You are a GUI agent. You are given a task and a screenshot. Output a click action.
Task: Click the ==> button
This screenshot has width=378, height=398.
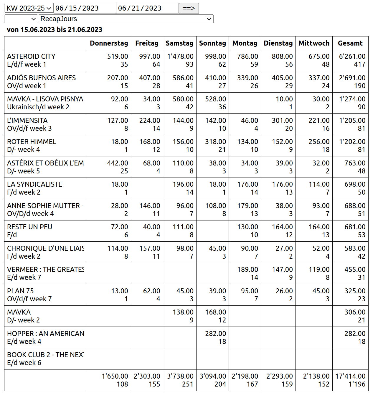point(189,8)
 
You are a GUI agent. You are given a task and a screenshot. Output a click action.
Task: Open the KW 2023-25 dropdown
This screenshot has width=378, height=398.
point(29,8)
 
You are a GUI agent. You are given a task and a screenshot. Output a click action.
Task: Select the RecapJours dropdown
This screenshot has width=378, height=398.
point(126,19)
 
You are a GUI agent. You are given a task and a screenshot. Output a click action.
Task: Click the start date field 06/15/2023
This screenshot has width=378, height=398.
point(84,8)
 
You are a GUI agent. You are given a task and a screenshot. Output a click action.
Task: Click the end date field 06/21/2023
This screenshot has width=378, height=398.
point(147,8)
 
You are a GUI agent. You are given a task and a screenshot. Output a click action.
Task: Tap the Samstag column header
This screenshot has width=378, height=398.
point(179,43)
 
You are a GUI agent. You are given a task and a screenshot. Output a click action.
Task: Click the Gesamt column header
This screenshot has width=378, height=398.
point(350,43)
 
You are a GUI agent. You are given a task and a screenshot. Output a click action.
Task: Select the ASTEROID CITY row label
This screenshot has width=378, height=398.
point(46,60)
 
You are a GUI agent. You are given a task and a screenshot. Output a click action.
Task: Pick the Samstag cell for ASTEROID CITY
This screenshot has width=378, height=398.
point(180,60)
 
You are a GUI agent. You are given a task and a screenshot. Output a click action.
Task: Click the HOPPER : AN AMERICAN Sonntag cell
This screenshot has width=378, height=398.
point(212,337)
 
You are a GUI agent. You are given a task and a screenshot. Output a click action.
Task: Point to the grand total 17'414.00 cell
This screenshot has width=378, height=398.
point(350,380)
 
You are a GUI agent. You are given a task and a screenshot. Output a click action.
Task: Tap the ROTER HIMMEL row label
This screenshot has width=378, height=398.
point(46,146)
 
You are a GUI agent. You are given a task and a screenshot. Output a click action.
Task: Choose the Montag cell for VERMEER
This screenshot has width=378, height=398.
point(245,273)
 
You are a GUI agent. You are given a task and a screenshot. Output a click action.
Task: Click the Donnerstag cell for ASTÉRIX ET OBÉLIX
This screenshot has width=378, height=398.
point(109,167)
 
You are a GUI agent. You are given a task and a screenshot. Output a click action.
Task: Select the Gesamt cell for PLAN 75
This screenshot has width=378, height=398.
point(350,295)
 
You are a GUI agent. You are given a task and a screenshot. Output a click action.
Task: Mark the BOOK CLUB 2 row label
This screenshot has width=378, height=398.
point(46,359)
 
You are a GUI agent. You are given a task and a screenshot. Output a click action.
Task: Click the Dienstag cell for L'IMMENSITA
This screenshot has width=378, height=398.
point(278,124)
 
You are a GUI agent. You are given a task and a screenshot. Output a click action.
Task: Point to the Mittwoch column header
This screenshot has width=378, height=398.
point(314,43)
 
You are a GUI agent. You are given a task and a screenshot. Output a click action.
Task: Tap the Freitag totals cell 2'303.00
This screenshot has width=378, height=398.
point(147,380)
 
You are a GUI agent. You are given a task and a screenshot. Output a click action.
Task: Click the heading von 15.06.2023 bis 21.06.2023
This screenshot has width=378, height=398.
point(55,30)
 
